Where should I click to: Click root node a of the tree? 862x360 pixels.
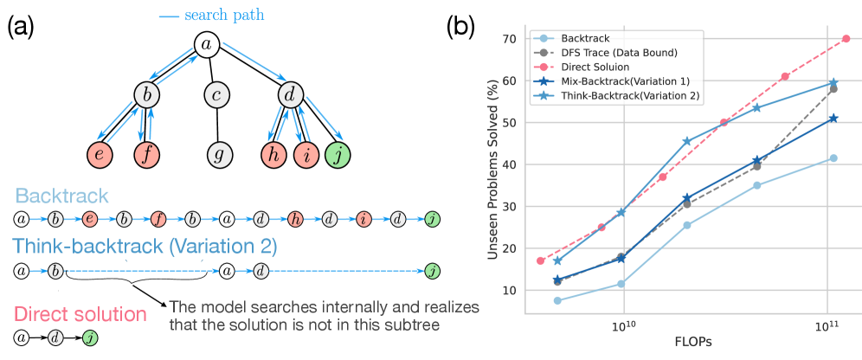pyautogui.click(x=204, y=44)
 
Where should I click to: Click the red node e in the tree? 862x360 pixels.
pyautogui.click(x=100, y=156)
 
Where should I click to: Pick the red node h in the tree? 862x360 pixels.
pyautogui.click(x=274, y=156)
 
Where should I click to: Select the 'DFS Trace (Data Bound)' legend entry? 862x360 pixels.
pyautogui.click(x=615, y=52)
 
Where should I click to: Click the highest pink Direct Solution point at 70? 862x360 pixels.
pyautogui.click(x=846, y=38)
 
